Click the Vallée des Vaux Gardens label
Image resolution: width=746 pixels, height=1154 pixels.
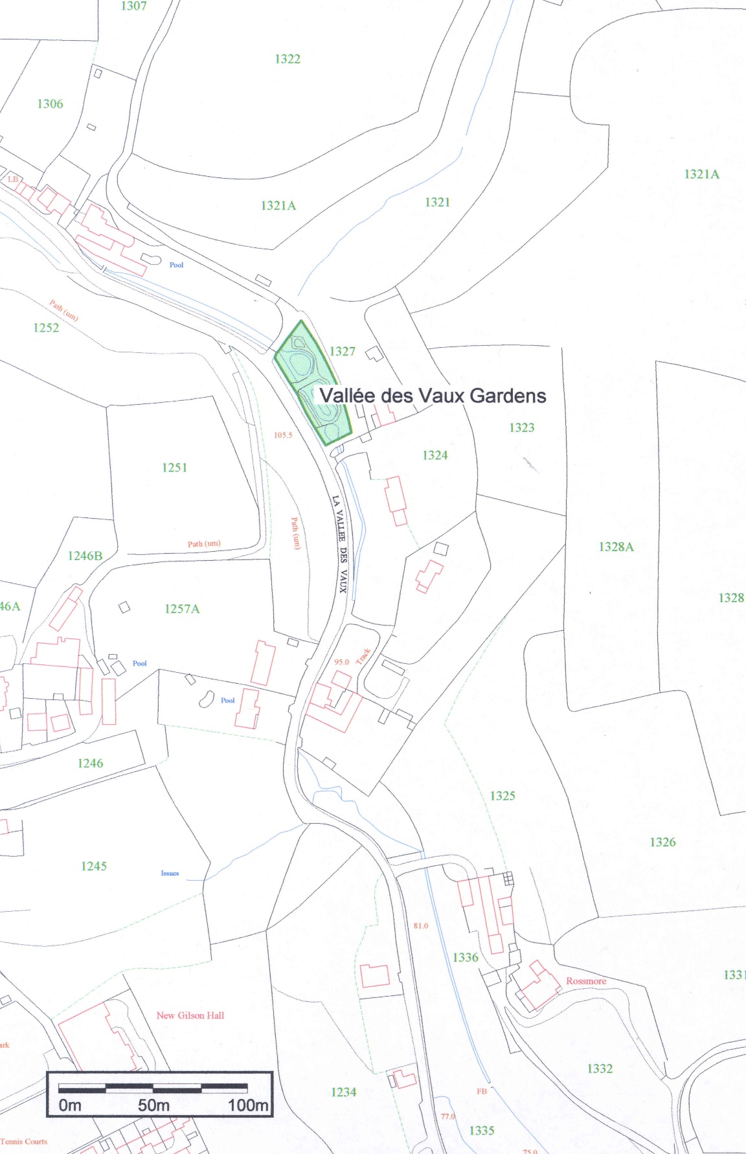click(433, 396)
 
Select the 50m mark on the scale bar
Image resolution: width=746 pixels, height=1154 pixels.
click(153, 1105)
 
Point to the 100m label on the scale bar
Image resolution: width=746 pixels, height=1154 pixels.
click(248, 1105)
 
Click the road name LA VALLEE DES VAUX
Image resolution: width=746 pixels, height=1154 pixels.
click(340, 544)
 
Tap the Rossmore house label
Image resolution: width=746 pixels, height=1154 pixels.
click(586, 981)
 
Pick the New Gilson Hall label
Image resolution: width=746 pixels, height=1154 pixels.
click(190, 1015)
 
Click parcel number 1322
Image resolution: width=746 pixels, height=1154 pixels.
click(288, 59)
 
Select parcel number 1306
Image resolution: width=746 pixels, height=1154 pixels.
click(50, 104)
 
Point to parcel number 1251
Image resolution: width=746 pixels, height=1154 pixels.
click(174, 467)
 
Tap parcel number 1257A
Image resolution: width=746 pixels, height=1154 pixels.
click(182, 609)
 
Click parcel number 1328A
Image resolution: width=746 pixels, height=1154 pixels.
click(616, 547)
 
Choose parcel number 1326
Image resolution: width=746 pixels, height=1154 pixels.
click(662, 842)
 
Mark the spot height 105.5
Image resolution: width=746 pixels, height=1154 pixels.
click(283, 435)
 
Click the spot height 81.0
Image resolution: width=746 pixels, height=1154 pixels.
click(420, 926)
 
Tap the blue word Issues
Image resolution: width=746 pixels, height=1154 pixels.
click(170, 874)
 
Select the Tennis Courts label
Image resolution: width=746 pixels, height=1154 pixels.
click(25, 1141)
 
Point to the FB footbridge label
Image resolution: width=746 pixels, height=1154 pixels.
click(482, 1091)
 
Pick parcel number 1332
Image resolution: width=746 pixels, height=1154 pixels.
click(600, 1069)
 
